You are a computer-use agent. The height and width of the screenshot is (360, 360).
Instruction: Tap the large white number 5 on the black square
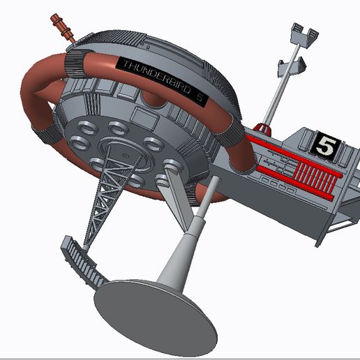(324, 145)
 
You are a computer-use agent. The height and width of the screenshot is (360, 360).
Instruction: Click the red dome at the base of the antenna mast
(262, 128)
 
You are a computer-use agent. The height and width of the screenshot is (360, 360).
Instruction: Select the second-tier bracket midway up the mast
(292, 66)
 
